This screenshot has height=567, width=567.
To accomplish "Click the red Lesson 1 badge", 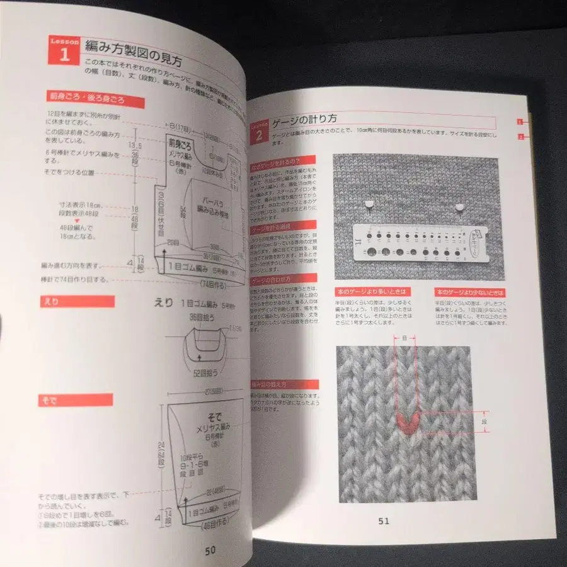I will [63, 50].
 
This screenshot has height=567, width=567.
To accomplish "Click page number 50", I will [210, 549].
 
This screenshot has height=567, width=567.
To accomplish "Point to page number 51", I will [384, 520].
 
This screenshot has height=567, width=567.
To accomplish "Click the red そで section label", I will [76, 400].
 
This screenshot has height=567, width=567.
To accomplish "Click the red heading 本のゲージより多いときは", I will [373, 292].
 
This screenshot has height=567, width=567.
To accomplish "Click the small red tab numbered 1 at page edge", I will [520, 121].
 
